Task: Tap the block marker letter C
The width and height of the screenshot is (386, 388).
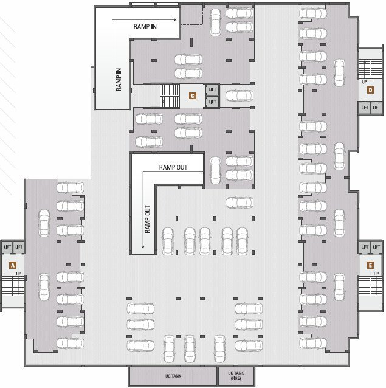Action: click(192, 95)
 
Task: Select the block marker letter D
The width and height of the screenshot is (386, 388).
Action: click(370, 91)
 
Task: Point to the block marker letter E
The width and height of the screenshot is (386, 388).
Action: click(370, 265)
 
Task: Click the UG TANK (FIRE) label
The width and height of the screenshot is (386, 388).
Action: click(235, 375)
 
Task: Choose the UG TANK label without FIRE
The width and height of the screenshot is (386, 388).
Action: click(173, 375)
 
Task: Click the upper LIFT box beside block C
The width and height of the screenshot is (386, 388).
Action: click(212, 89)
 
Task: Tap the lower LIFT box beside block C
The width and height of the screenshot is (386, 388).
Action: click(212, 102)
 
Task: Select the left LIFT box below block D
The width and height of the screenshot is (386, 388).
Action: click(365, 108)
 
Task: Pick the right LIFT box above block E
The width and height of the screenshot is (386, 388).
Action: click(376, 247)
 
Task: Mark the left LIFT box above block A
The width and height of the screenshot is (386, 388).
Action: click(7, 247)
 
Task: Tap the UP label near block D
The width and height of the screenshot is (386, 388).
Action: click(364, 81)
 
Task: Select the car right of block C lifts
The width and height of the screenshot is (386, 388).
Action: click(238, 95)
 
